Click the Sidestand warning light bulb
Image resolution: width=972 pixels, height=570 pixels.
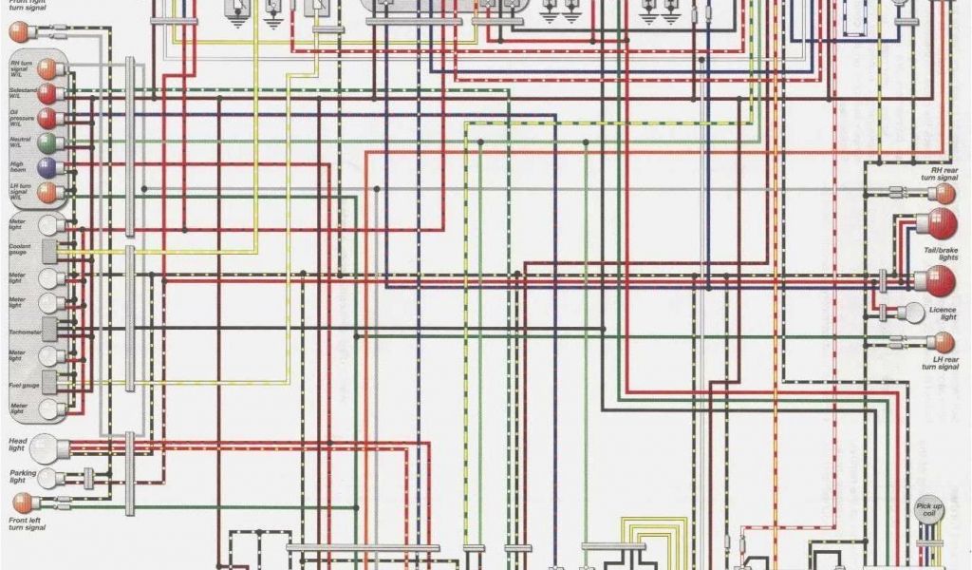pyautogui.click(x=46, y=93)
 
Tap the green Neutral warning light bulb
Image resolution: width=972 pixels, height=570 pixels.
pyautogui.click(x=47, y=142)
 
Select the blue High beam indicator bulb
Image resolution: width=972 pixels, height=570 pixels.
pyautogui.click(x=47, y=167)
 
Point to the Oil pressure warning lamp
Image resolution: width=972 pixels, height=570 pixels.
pyautogui.click(x=46, y=118)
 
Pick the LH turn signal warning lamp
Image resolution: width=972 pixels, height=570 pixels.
pyautogui.click(x=46, y=193)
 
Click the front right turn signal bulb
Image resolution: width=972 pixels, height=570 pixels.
pyautogui.click(x=19, y=31)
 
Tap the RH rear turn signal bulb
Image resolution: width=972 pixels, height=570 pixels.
pyautogui.click(x=941, y=193)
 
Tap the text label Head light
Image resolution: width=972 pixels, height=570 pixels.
pyautogui.click(x=17, y=445)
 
